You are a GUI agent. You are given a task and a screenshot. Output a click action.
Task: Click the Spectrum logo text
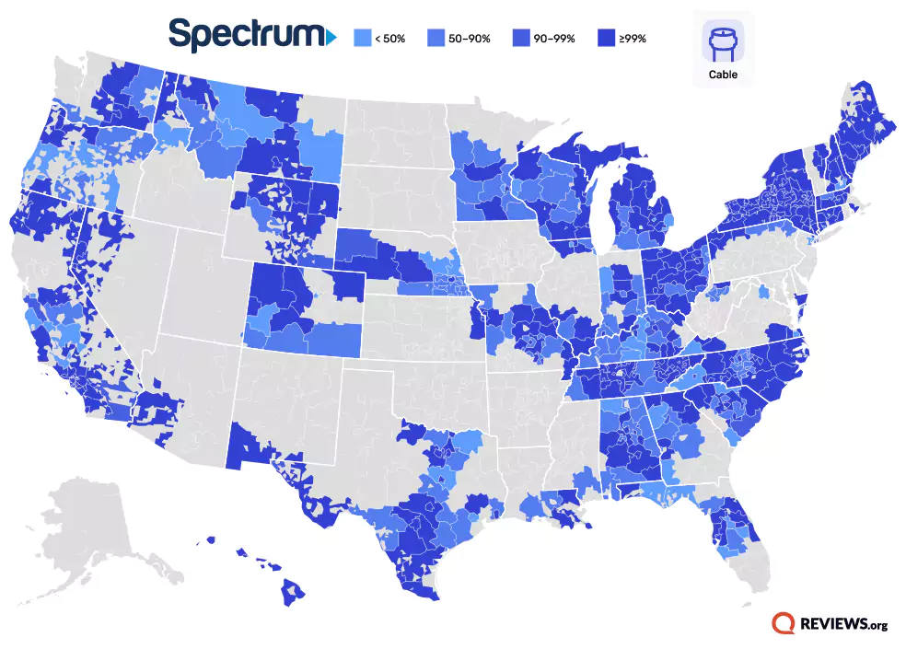(244, 34)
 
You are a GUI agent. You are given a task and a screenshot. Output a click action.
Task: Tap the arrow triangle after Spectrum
(331, 37)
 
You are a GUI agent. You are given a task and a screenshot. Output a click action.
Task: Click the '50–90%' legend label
(468, 39)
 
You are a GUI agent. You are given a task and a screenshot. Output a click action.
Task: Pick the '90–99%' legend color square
(510, 39)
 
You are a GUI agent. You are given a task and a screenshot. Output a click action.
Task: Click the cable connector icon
(723, 41)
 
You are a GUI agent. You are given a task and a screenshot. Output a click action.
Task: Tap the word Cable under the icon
(723, 75)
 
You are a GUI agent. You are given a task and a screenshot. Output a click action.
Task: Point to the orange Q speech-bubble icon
(784, 624)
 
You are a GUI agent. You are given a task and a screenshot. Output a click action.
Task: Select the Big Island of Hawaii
(294, 592)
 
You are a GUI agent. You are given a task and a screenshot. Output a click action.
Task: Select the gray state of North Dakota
(396, 138)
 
